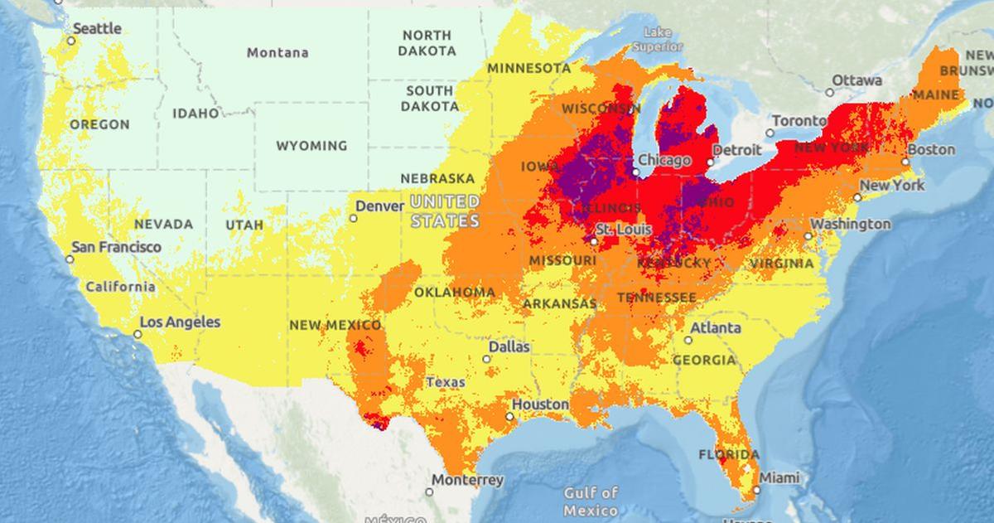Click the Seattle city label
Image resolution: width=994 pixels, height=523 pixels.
tap(97, 28)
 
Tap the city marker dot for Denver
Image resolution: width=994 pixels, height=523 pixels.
tap(353, 218)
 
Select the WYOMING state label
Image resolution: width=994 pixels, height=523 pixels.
tap(311, 146)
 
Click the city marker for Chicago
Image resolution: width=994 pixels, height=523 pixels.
tap(635, 173)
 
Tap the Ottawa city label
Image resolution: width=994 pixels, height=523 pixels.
tap(856, 80)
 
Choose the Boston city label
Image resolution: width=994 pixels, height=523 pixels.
tap(932, 150)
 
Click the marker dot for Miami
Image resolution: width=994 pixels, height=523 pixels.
tap(756, 490)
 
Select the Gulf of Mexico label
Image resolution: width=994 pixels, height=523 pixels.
tap(591, 502)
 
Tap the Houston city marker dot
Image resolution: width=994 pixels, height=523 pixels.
tap(509, 417)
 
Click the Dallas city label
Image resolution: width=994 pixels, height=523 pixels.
tap(509, 347)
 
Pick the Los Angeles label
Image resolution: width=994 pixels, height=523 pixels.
tap(180, 322)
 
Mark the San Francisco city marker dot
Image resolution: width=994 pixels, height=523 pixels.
tap(70, 259)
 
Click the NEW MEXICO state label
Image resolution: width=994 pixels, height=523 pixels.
tap(335, 326)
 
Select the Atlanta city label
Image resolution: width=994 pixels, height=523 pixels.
tap(716, 327)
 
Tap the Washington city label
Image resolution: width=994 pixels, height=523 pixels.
tap(850, 224)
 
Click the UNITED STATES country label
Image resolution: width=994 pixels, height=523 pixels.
tap(445, 211)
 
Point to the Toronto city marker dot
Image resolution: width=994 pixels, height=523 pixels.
tap(770, 133)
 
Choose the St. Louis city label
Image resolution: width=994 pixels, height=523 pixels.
tap(623, 229)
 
